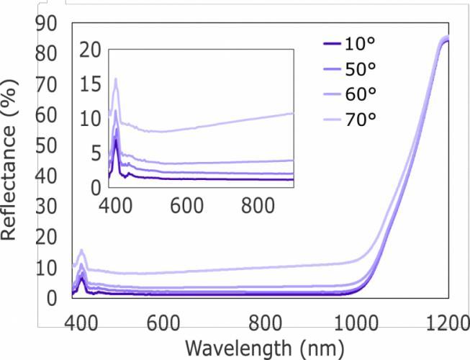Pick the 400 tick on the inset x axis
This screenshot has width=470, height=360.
click(114, 204)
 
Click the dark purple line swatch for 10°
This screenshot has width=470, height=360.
click(331, 45)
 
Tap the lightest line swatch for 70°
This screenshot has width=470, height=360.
click(331, 118)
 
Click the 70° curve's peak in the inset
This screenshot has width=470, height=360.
click(115, 79)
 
